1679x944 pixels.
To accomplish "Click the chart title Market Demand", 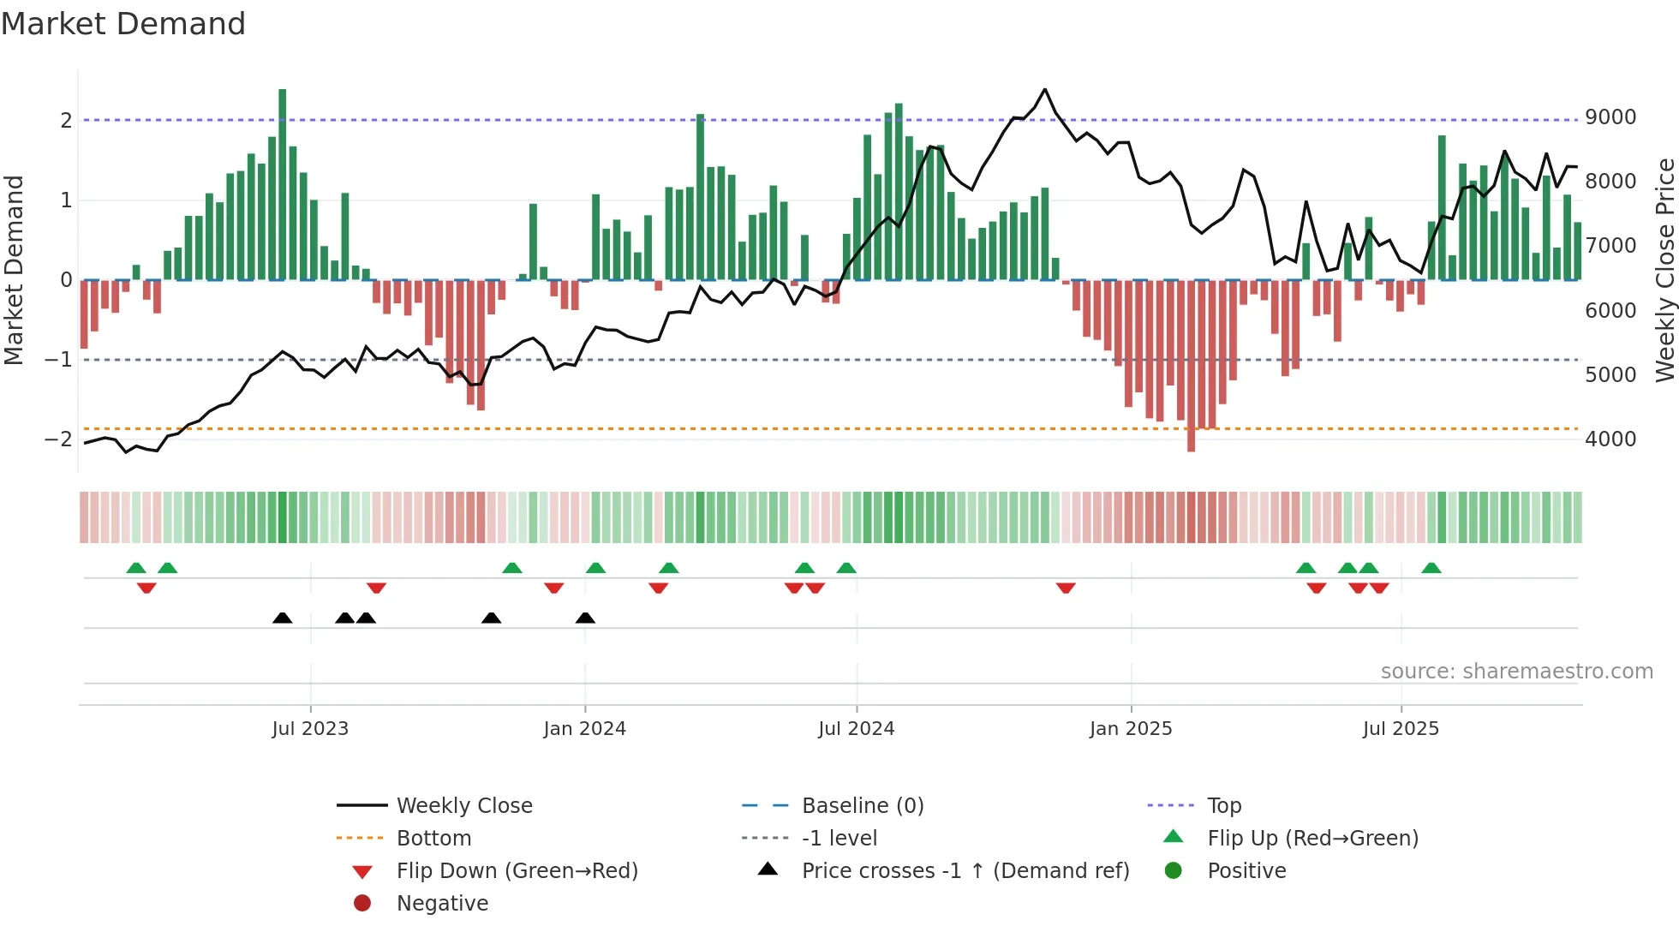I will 123,24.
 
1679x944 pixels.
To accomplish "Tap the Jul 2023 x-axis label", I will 310,729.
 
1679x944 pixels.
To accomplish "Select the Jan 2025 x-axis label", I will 1131,729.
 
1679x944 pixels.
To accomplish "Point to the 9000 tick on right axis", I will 1610,117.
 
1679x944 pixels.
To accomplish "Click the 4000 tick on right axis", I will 1610,439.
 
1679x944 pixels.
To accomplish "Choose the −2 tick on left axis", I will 59,439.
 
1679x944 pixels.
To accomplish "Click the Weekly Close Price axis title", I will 1664,270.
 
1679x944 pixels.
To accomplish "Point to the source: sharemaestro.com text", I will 1516,672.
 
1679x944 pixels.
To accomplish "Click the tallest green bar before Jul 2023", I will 283,184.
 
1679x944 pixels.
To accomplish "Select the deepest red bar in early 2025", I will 1191,365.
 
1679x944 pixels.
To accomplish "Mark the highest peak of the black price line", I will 1045,90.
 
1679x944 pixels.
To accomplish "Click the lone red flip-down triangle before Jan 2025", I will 1066,588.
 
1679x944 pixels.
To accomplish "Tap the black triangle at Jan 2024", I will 585,618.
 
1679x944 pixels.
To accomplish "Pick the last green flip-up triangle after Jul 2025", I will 1431,568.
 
